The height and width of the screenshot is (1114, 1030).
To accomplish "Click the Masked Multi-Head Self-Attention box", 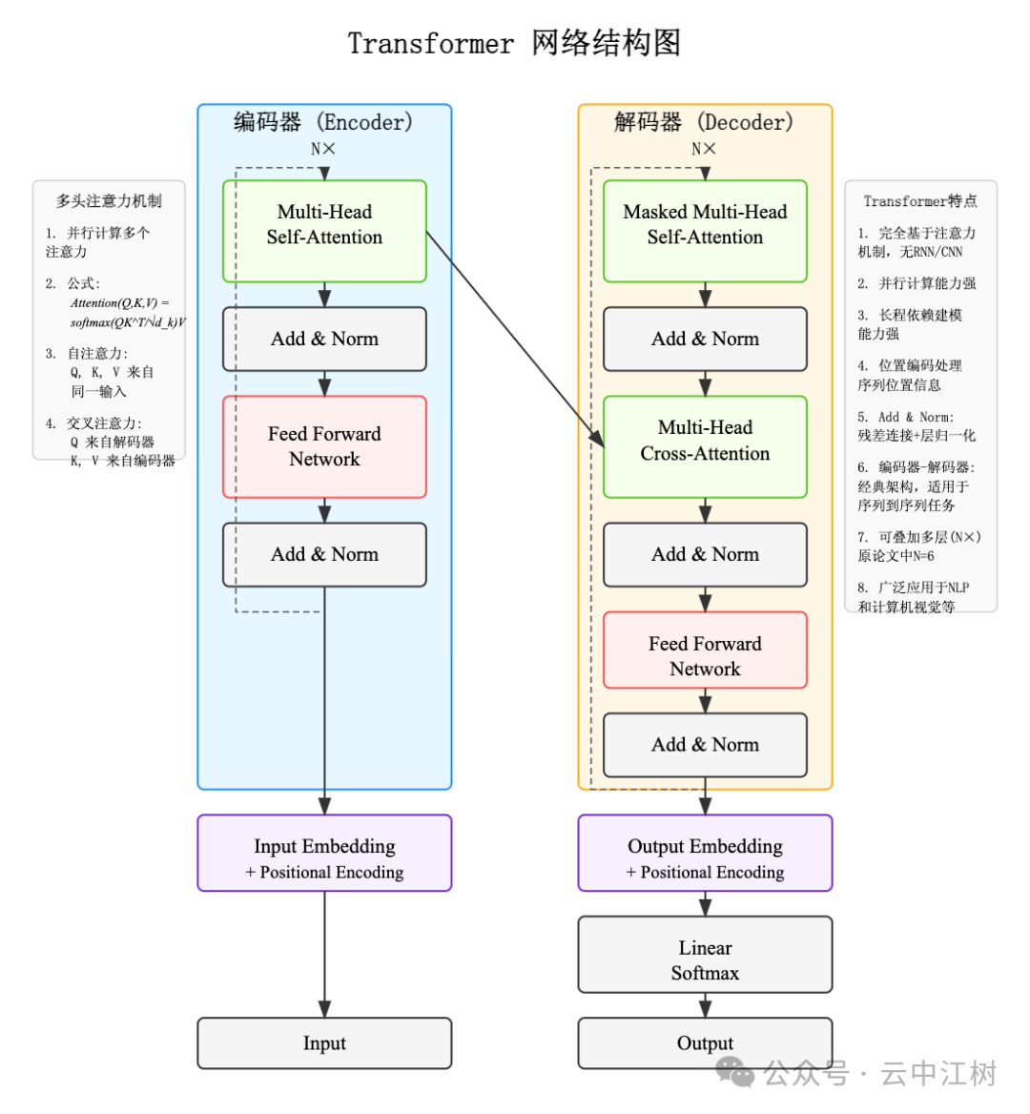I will tap(705, 231).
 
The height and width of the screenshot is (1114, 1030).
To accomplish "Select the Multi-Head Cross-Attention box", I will tap(705, 446).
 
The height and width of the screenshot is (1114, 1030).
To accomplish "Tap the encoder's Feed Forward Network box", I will tap(324, 446).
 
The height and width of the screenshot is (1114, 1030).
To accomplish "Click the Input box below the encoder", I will tap(324, 1042).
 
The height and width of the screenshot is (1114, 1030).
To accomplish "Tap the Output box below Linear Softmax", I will tap(705, 1042).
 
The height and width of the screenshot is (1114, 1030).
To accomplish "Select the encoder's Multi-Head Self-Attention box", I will tap(324, 231).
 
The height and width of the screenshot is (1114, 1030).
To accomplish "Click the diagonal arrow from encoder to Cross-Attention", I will tap(515, 339).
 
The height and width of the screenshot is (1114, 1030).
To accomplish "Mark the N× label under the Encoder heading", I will tap(323, 149).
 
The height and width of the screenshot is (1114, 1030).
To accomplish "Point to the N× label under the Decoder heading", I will tap(704, 149).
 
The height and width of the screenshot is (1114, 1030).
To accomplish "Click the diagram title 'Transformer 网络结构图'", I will tap(514, 43).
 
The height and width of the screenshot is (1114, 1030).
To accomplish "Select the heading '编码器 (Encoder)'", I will tap(323, 122).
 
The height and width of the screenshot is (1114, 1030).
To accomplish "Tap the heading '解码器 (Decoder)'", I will tap(704, 122).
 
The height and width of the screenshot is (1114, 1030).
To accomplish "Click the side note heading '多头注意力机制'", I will tap(109, 201).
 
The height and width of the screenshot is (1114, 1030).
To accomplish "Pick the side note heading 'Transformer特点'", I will tap(920, 201).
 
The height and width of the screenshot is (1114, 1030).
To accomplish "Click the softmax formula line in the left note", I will tap(128, 322).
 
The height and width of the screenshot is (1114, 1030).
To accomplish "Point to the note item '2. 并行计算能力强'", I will tap(917, 283).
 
